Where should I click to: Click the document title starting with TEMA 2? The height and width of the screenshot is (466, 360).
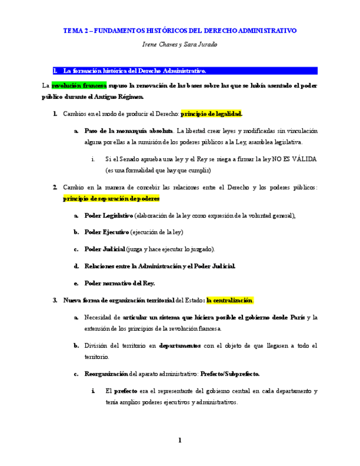pos(180,31)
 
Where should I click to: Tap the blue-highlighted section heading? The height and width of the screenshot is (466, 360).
pos(135,71)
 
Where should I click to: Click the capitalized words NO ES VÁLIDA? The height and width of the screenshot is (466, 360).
pos(295,159)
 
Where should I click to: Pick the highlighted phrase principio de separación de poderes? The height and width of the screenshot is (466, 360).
pos(112,198)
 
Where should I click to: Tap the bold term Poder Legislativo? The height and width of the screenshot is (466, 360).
pos(109,215)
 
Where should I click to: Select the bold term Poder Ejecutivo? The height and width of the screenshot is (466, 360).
pos(107,232)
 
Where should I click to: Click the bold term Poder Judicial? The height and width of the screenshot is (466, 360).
pos(105,249)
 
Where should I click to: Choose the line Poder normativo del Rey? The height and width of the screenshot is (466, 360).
pos(120,283)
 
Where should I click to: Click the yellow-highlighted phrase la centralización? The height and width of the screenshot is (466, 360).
pos(230,301)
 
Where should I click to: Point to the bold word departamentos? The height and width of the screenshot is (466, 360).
pos(180,346)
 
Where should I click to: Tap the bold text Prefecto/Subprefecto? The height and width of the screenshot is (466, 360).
pos(230,374)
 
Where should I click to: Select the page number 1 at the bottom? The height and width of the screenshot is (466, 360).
pos(180,440)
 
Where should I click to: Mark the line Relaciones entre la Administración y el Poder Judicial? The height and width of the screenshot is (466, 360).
pos(160,266)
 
